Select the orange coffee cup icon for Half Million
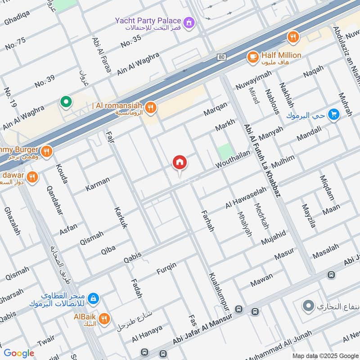coord(252,57)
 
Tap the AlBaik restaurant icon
coord(104,319)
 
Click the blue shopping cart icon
coord(333,115)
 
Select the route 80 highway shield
coord(221,57)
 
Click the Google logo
coord(19,353)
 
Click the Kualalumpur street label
coord(219,290)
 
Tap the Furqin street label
coord(166,269)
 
